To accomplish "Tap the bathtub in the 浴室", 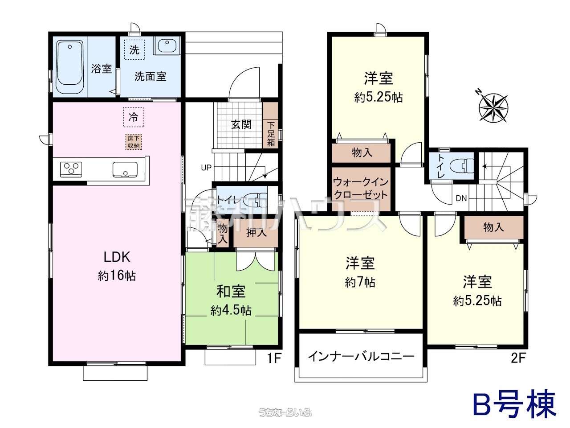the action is click(x=70, y=67).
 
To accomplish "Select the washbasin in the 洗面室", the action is click(x=167, y=46).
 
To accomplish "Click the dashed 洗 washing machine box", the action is click(x=134, y=49).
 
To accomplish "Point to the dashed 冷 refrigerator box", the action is click(x=134, y=117).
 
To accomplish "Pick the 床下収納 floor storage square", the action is click(x=134, y=142).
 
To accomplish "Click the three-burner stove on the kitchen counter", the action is click(x=71, y=169).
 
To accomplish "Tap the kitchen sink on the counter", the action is click(x=125, y=169).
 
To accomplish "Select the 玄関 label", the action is click(x=241, y=125).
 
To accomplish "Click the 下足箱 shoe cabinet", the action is click(x=270, y=126).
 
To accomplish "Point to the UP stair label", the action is click(x=206, y=168).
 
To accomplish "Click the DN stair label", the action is click(x=461, y=198).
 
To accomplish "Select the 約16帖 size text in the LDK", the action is click(x=117, y=276).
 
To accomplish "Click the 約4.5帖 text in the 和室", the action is click(x=231, y=310).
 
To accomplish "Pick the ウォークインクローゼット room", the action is click(x=361, y=189).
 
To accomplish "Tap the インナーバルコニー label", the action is click(x=361, y=357).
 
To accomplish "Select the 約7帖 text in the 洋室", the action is click(x=360, y=282).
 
